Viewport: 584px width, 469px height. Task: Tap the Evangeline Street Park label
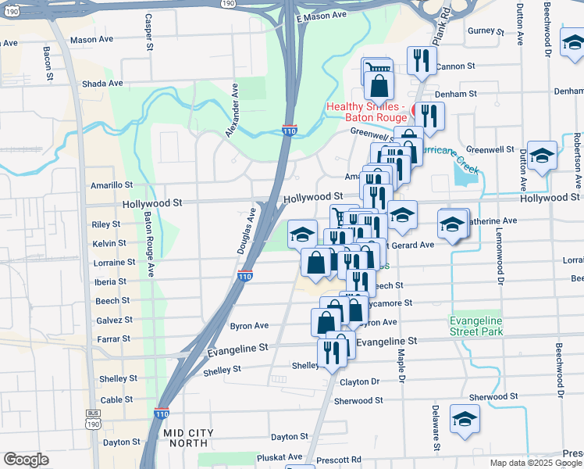pos(476,326)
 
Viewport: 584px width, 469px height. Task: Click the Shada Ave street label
pos(102,84)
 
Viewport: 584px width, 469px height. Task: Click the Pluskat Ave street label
pos(276,457)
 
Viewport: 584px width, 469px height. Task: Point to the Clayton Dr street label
pos(359,382)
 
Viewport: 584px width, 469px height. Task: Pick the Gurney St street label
pos(487,31)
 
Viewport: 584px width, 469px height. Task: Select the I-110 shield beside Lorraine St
pos(245,277)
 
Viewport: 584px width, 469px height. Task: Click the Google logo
pos(26,460)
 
